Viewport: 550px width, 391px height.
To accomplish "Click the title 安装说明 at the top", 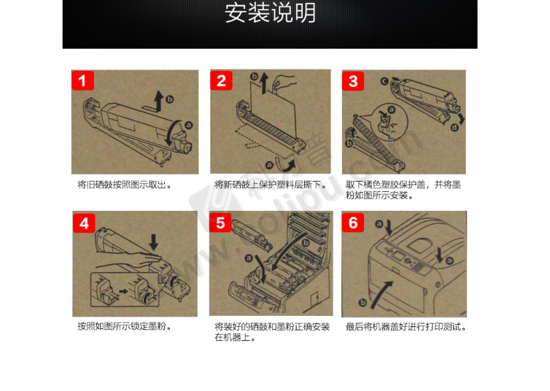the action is (270, 13).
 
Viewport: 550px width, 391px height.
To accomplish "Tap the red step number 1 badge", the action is (83, 81).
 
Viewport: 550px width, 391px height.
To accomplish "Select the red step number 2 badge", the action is (221, 81).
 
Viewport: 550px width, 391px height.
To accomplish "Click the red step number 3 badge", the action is (353, 81).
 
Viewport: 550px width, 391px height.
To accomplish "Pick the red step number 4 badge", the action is (84, 223).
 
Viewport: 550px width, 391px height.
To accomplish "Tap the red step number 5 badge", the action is (220, 223).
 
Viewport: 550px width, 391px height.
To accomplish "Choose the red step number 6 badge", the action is (353, 223).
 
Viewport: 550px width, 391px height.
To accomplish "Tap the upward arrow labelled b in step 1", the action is (159, 102).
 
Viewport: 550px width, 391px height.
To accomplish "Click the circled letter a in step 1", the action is (189, 125).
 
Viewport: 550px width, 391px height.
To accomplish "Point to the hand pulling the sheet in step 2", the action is (283, 82).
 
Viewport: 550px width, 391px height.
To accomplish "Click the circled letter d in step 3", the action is (455, 127).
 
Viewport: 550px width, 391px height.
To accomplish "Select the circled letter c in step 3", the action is (384, 81).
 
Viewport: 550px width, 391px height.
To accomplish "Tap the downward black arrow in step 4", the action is (154, 242).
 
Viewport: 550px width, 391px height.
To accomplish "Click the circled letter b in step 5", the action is (306, 243).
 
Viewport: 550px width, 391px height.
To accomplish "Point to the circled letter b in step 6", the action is (363, 302).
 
